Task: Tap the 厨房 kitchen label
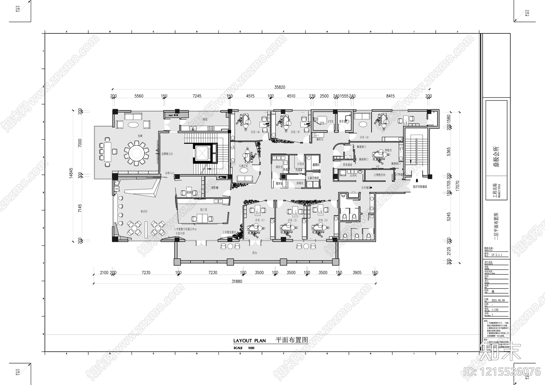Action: pos(205,120)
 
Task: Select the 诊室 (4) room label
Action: pos(255,132)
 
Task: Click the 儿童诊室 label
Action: pos(243,166)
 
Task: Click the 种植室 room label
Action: pos(388,150)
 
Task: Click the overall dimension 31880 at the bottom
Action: pos(237,281)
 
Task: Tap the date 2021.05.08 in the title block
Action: pos(498,301)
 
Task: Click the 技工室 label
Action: pos(204,210)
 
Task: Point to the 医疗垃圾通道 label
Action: pos(420,187)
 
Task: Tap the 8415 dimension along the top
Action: pos(390,96)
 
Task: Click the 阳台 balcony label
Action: pos(255,253)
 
